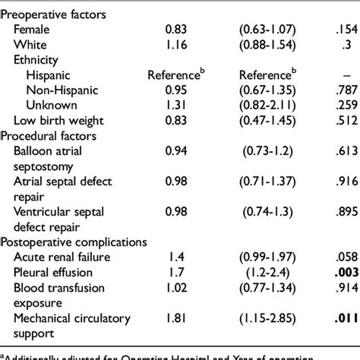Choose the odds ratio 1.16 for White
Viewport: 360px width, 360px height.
177,44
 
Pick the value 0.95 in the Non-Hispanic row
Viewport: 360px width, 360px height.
177,90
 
